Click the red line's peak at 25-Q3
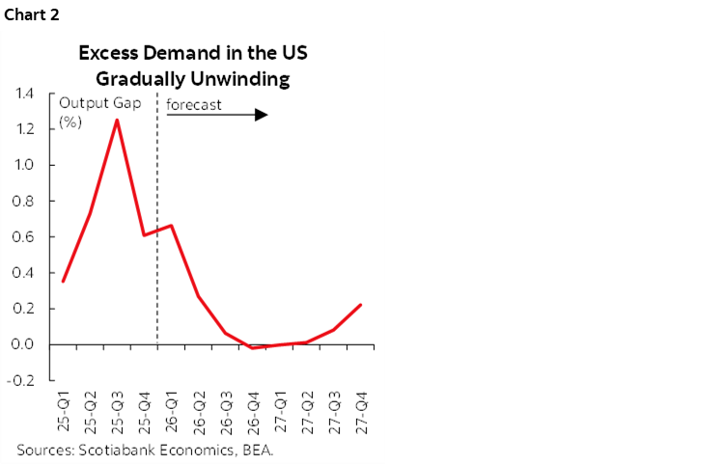tap(117, 120)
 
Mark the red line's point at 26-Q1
tap(171, 226)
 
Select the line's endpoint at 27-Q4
tap(361, 305)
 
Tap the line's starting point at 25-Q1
tap(63, 281)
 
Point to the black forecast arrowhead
tap(262, 115)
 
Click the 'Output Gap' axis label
tap(99, 103)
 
